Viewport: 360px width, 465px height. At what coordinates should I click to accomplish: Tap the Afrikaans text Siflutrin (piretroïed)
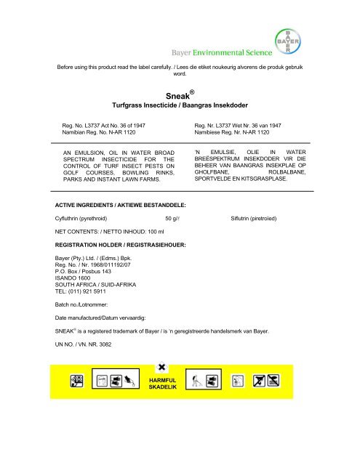[258, 217]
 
